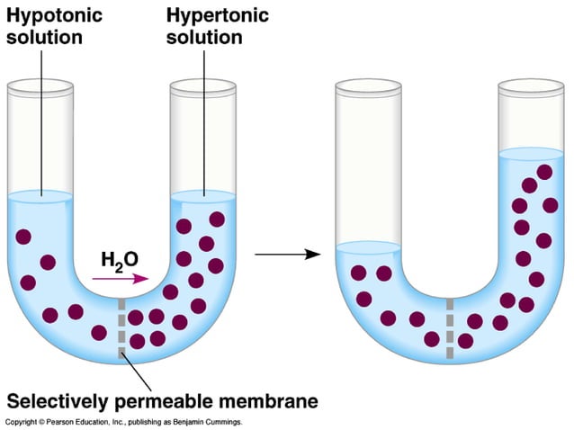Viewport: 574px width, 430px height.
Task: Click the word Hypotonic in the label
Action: click(52, 15)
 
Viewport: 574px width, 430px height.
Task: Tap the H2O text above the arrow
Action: click(120, 260)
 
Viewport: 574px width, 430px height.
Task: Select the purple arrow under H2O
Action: click(121, 279)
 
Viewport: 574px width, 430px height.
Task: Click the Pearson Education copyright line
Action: click(123, 421)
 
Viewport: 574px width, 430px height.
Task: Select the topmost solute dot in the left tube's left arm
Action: click(23, 237)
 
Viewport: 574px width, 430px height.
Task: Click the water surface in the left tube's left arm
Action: click(40, 195)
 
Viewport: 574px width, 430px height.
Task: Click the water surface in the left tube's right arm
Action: click(202, 195)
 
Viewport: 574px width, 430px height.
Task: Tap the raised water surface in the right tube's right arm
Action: click(530, 154)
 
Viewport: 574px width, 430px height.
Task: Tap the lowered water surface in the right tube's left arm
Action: click(367, 247)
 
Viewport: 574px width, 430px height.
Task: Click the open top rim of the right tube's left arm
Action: click(367, 86)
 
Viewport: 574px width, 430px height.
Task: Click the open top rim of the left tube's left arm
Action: click(40, 86)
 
